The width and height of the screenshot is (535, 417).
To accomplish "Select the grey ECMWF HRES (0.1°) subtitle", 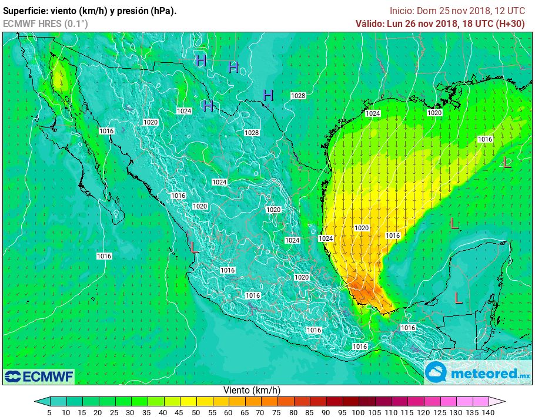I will click(x=45, y=23).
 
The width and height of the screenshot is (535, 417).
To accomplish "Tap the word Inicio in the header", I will click(x=402, y=11).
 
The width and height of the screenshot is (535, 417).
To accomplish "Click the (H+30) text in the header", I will click(x=511, y=23).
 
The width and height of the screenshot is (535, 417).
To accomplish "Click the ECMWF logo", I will click(x=39, y=376).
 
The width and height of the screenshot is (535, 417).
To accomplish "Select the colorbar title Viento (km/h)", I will click(x=252, y=390).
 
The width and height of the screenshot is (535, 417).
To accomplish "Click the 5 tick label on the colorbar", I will click(x=49, y=412).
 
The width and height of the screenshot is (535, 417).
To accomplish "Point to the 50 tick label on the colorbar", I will click(x=193, y=412).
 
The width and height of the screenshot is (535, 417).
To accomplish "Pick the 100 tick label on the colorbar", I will click(x=355, y=412).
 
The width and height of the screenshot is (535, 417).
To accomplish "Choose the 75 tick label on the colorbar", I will click(x=274, y=412).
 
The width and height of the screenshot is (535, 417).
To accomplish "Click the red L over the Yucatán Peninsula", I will click(x=459, y=298).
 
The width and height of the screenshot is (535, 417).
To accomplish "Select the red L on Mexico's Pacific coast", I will click(x=194, y=247).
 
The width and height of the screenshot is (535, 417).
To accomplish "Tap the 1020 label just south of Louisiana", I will click(x=434, y=113).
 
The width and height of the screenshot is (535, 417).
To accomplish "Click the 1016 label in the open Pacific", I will click(x=104, y=256).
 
